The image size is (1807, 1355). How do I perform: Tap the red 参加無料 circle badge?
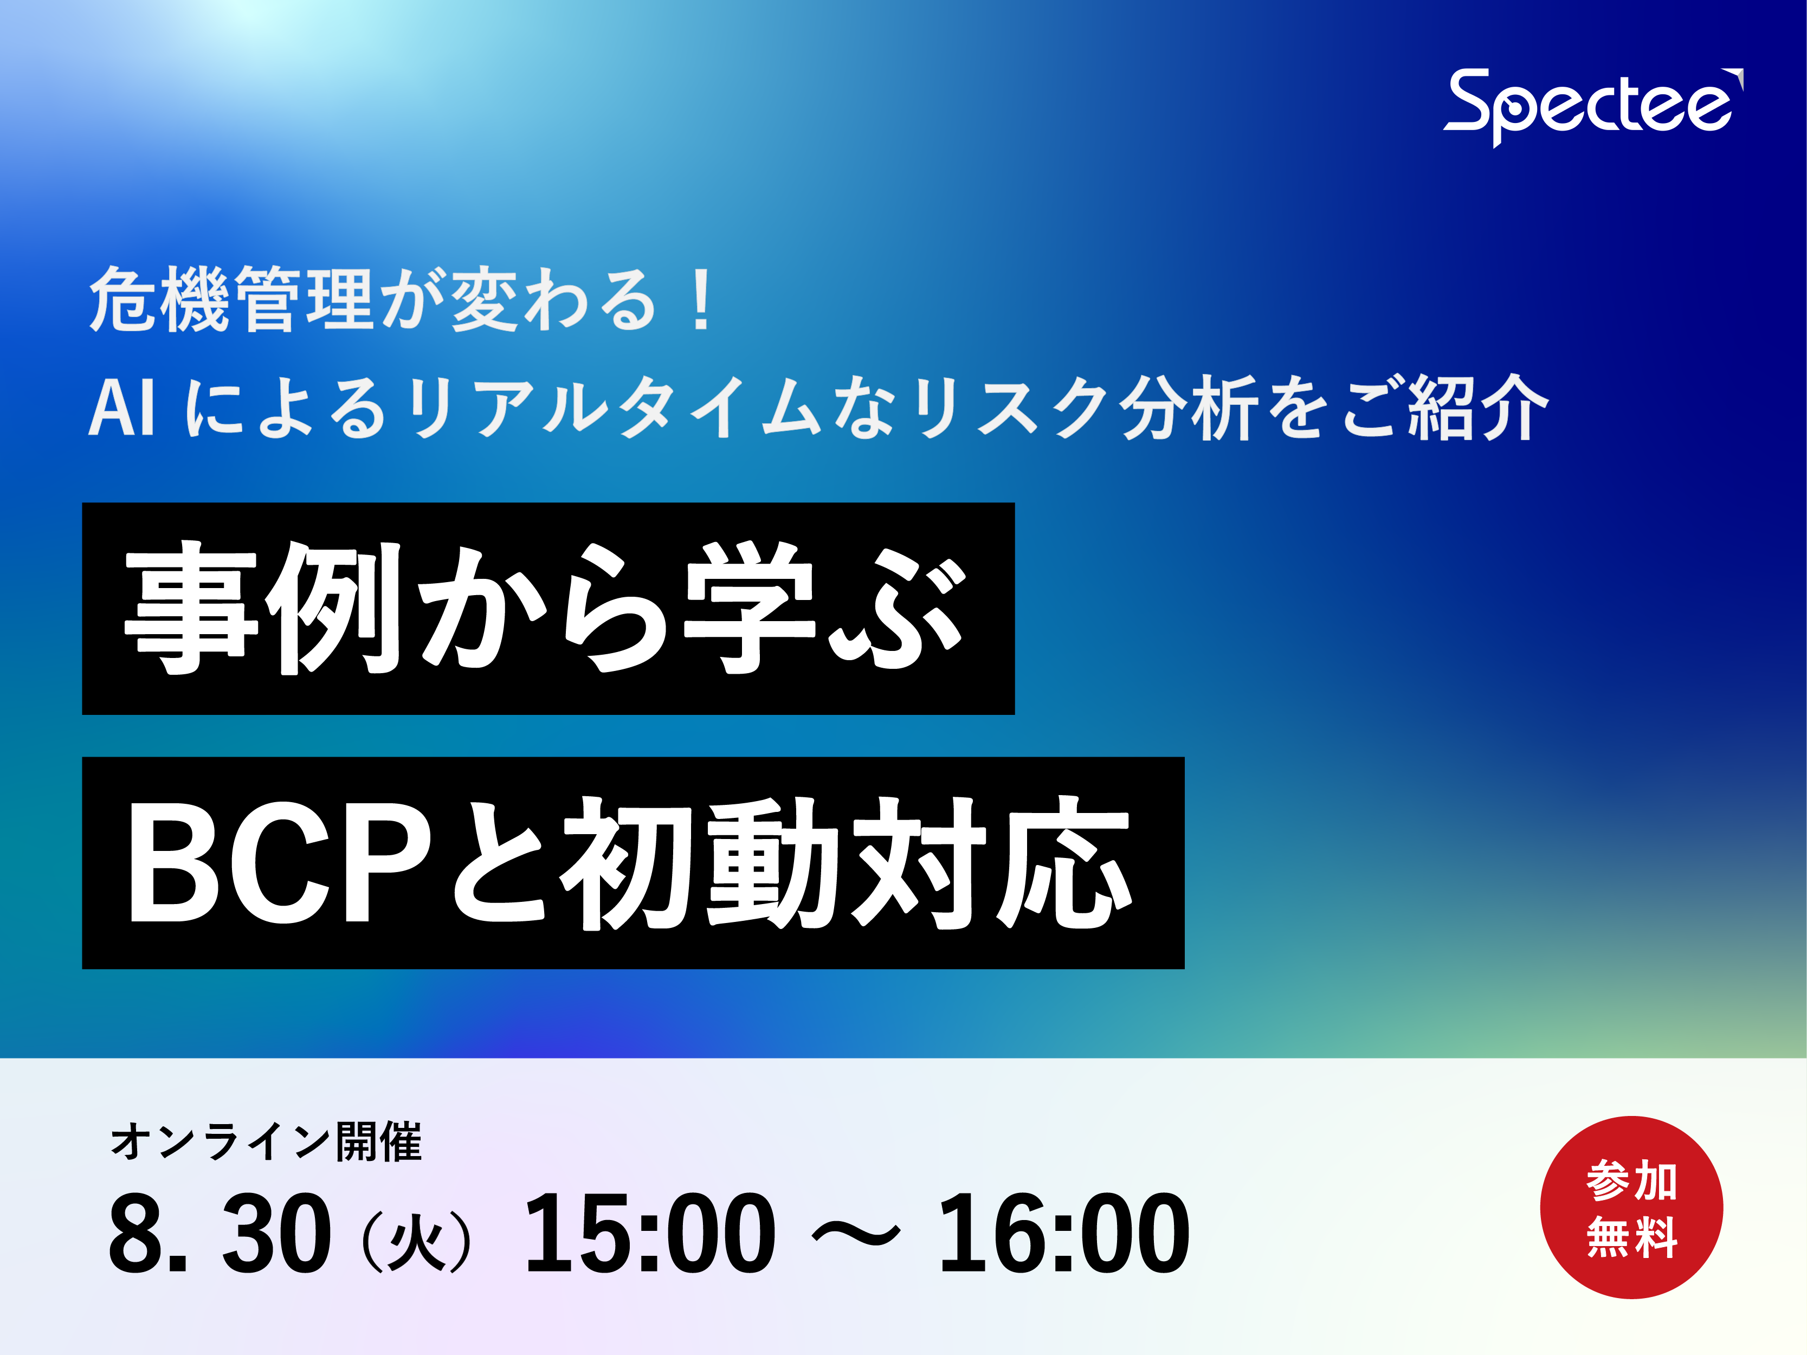pyautogui.click(x=1631, y=1207)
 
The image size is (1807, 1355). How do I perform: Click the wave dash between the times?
pyautogui.click(x=857, y=1236)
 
